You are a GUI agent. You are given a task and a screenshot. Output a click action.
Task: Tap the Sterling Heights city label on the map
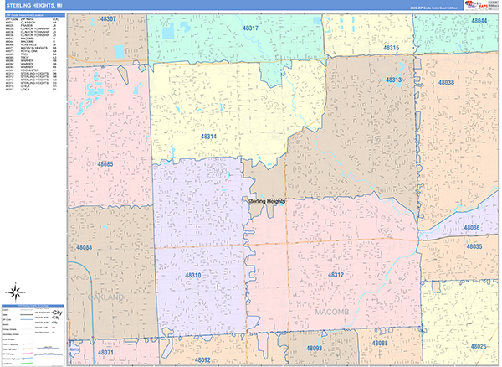pyautogui.click(x=267, y=201)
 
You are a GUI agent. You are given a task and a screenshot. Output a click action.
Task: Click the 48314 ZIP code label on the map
pyautogui.click(x=208, y=136)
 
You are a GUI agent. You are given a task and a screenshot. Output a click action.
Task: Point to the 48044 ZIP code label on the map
pyautogui.click(x=478, y=20)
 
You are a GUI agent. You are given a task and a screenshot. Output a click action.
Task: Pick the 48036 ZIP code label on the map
pyautogui.click(x=473, y=228)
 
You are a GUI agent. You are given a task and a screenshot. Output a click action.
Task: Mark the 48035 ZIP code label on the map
pyautogui.click(x=474, y=247)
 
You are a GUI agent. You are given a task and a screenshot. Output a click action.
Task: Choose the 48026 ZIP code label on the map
pyautogui.click(x=478, y=346)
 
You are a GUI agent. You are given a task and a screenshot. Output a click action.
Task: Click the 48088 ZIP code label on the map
pyautogui.click(x=380, y=344)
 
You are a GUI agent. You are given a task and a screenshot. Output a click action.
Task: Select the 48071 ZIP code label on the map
pyautogui.click(x=105, y=354)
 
